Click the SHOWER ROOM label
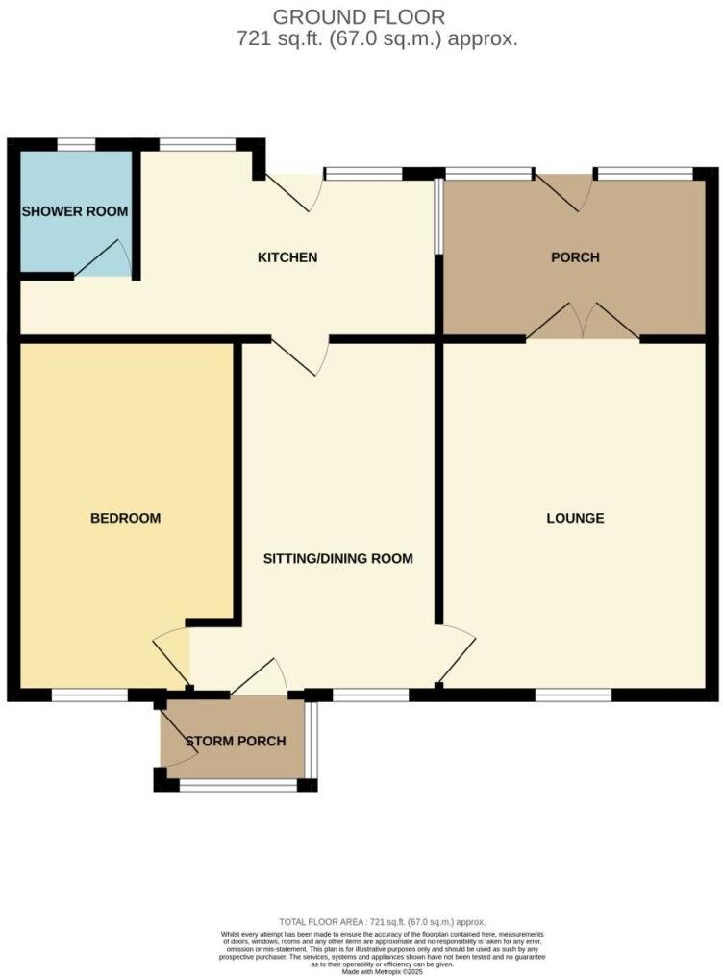pyautogui.click(x=75, y=211)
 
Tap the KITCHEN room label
pyautogui.click(x=287, y=257)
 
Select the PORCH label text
pyautogui.click(x=575, y=257)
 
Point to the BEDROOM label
pyautogui.click(x=125, y=518)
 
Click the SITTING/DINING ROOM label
pyautogui.click(x=338, y=558)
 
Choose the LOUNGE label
pyautogui.click(x=575, y=518)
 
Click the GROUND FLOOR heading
pyautogui.click(x=360, y=16)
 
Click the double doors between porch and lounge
pyautogui.click(x=583, y=321)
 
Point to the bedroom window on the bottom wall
pyautogui.click(x=89, y=695)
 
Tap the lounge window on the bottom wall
pyautogui.click(x=573, y=695)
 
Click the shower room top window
pyautogui.click(x=76, y=145)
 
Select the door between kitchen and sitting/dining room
pyautogui.click(x=300, y=355)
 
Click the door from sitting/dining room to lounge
pyautogui.click(x=456, y=653)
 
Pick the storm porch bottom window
pyautogui.click(x=237, y=786)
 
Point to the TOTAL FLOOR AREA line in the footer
pyautogui.click(x=382, y=920)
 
